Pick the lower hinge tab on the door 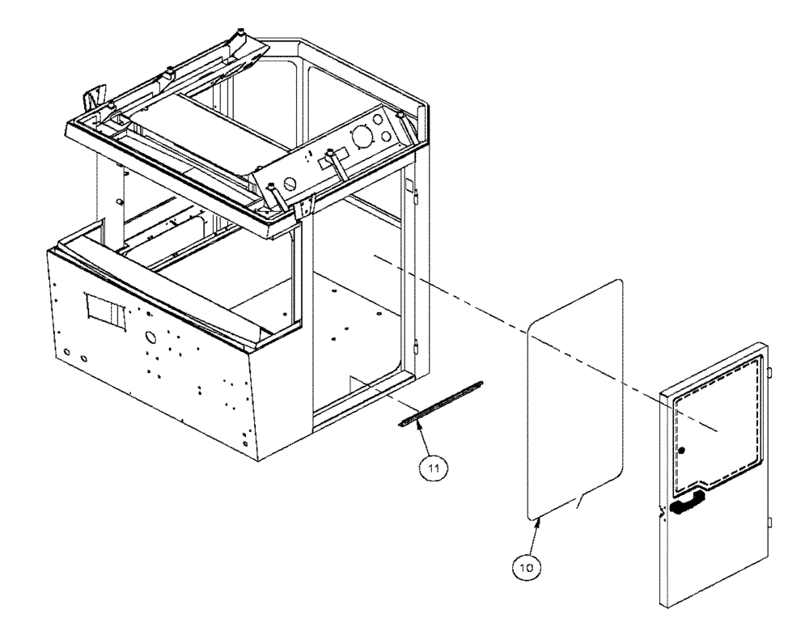770,522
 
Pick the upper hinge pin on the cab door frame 413,195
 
